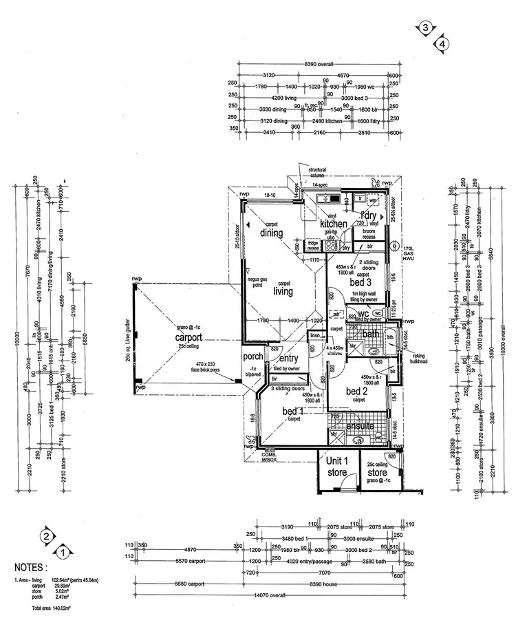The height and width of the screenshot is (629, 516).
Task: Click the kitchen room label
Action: click(x=334, y=224)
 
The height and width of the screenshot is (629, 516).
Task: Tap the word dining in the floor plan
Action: click(x=272, y=233)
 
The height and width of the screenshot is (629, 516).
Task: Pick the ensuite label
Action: click(x=361, y=426)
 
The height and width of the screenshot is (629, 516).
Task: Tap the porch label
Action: click(x=252, y=356)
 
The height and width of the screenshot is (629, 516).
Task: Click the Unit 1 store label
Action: click(x=337, y=466)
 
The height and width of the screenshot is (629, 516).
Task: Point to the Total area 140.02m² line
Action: click(x=52, y=609)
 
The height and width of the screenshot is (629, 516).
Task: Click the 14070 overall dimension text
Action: click(x=268, y=595)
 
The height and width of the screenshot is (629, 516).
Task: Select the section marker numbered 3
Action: click(x=426, y=28)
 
